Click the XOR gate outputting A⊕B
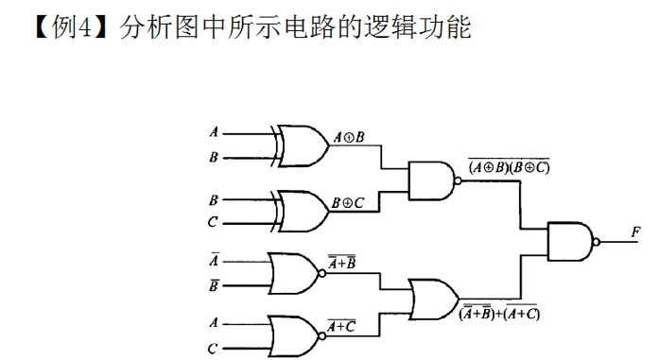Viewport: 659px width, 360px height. pyautogui.click(x=302, y=146)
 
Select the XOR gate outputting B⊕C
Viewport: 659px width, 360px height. pyautogui.click(x=302, y=212)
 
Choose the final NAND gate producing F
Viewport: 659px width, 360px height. pyautogui.click(x=573, y=242)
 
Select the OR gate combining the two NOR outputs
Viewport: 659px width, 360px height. pyautogui.click(x=434, y=300)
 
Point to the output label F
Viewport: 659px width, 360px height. pyautogui.click(x=635, y=231)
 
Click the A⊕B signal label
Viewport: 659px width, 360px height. pyautogui.click(x=349, y=137)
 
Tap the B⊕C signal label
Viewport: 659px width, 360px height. pyautogui.click(x=348, y=203)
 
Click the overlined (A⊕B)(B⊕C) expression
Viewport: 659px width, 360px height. pyautogui.click(x=509, y=166)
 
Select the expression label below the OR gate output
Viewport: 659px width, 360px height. pyautogui.click(x=499, y=312)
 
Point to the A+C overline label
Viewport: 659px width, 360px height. pyautogui.click(x=341, y=325)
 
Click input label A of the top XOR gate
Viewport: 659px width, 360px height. pyautogui.click(x=214, y=132)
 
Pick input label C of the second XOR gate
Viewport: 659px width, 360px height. pyautogui.click(x=213, y=221)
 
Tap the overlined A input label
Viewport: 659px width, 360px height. pyautogui.click(x=215, y=260)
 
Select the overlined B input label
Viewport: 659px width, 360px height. pyautogui.click(x=214, y=285)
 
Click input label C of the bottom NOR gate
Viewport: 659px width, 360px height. pyautogui.click(x=213, y=349)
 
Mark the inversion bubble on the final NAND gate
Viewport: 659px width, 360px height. pyautogui.click(x=597, y=242)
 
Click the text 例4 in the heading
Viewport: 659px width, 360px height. pyautogui.click(x=72, y=27)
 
